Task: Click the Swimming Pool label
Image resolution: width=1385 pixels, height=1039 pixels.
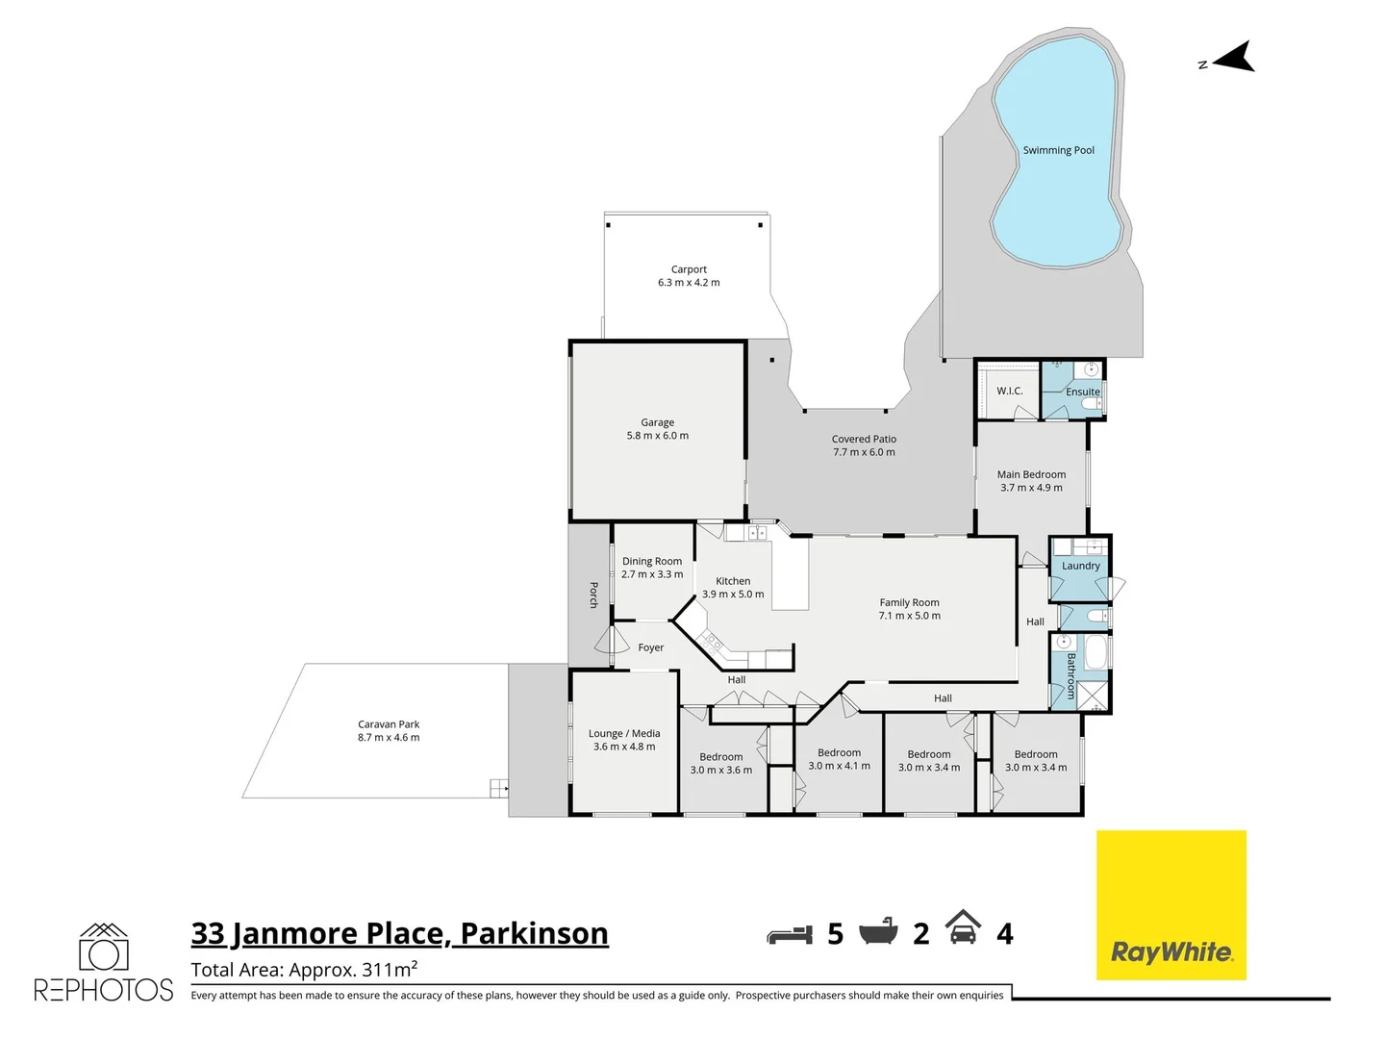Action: tap(1058, 150)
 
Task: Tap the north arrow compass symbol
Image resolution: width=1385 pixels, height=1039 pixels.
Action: tap(1234, 60)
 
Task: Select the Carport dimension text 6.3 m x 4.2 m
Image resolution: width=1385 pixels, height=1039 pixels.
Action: tap(689, 283)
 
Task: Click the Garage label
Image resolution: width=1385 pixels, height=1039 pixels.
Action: tap(657, 422)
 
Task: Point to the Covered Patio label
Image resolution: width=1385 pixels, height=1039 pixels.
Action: tap(864, 439)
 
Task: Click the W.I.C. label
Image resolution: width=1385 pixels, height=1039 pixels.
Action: tap(1009, 391)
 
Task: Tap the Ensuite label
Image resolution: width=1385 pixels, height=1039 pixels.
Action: tap(1082, 392)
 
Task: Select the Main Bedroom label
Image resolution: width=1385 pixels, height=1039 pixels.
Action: tap(1031, 474)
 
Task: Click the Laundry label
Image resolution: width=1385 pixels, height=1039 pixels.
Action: tap(1080, 566)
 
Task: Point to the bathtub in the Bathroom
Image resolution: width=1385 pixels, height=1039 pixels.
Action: tap(1095, 653)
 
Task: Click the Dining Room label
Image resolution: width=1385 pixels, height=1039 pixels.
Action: tap(651, 561)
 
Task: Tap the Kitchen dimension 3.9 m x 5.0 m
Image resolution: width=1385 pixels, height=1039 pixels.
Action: tap(733, 595)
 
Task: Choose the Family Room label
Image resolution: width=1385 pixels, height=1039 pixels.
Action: tap(909, 602)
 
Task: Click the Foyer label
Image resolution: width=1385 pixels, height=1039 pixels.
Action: tap(650, 647)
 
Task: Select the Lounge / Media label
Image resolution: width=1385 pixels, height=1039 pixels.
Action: tap(624, 733)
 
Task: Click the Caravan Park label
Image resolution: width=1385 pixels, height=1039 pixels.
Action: tap(389, 724)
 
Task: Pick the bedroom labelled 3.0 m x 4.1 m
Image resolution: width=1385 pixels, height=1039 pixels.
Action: tap(839, 759)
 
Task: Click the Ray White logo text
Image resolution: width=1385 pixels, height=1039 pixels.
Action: tap(1171, 952)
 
